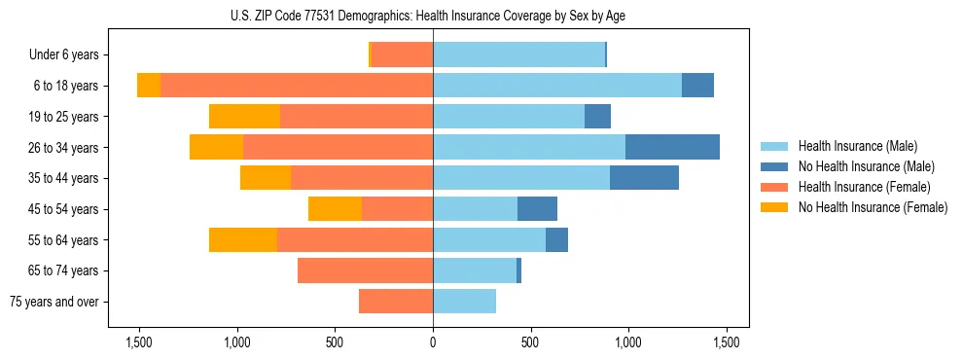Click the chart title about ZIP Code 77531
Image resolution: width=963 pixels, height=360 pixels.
pyautogui.click(x=433, y=16)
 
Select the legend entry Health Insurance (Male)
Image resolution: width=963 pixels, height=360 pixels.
pyautogui.click(x=851, y=146)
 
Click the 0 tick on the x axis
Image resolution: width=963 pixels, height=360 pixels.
pyautogui.click(x=433, y=342)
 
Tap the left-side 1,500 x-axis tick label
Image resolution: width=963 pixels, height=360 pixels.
pyautogui.click(x=139, y=342)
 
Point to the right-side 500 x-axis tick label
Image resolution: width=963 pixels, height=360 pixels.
pyautogui.click(x=530, y=342)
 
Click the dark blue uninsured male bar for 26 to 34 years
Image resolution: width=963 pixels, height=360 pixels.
pyautogui.click(x=672, y=147)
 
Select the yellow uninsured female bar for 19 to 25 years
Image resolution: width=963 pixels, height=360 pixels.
pyautogui.click(x=244, y=117)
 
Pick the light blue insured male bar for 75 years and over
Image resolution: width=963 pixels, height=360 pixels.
pyautogui.click(x=464, y=302)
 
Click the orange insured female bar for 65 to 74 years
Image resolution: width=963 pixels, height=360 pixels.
pyautogui.click(x=365, y=270)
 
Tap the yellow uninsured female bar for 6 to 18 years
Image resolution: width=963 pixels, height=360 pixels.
pyautogui.click(x=149, y=86)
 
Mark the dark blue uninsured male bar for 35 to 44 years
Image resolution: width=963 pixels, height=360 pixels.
pyautogui.click(x=644, y=178)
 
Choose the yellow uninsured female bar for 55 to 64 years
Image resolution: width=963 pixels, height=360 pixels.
pyautogui.click(x=243, y=239)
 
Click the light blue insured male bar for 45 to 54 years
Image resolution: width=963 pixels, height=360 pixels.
pyautogui.click(x=475, y=209)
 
